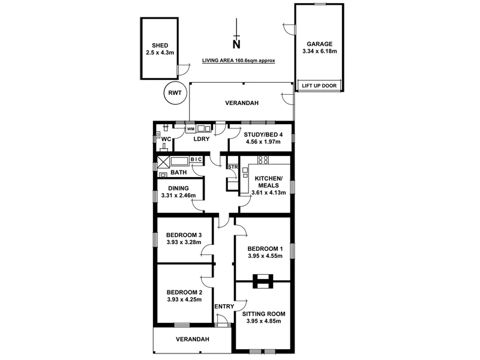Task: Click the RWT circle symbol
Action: [175, 93]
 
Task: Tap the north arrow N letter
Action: [236, 43]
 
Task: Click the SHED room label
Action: [160, 46]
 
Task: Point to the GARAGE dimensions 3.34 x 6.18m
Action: [320, 52]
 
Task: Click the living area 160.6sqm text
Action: [238, 61]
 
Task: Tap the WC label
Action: [167, 139]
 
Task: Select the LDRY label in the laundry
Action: [201, 139]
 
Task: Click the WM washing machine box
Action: [190, 129]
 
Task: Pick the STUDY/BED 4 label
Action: [259, 134]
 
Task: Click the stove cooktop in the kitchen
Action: [262, 160]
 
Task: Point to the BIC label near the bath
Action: [196, 159]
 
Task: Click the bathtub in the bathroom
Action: [179, 161]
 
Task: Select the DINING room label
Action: [178, 188]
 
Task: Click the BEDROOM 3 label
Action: [184, 235]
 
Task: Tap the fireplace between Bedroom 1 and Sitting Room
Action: [263, 280]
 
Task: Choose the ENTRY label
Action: [224, 307]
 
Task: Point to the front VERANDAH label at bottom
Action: [192, 339]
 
